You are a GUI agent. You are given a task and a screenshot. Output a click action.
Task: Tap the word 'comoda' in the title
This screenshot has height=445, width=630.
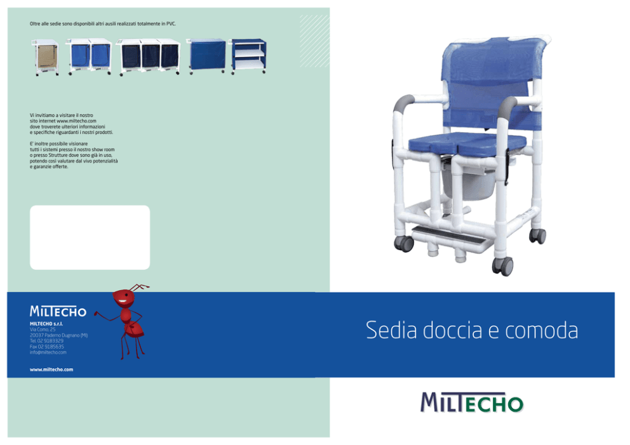point(541,330)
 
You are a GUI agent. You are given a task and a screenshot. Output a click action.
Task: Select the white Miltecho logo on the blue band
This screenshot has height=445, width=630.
point(58,311)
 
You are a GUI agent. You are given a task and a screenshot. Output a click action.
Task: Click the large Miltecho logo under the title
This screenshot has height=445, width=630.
point(472,402)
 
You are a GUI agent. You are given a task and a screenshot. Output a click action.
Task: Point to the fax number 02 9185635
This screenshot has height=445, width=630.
point(46,347)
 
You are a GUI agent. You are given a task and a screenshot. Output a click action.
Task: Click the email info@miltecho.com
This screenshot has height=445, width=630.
point(48,352)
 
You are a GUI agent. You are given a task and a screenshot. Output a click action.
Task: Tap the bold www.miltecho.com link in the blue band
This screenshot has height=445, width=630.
point(51,369)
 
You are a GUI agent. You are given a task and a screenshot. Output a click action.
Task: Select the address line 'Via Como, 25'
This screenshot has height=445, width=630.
point(43,329)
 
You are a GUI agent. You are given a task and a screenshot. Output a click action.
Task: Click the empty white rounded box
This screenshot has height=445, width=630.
point(90,237)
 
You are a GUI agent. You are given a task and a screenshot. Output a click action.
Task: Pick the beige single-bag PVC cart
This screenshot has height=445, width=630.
point(45,57)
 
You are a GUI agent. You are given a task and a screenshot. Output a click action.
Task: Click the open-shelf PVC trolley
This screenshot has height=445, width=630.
point(249,56)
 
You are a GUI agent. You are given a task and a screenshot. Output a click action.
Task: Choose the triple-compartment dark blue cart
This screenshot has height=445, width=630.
point(149,56)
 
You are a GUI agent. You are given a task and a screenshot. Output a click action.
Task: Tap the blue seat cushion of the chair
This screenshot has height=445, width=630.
point(467,143)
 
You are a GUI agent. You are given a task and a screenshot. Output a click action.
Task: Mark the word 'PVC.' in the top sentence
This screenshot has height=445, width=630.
point(171,23)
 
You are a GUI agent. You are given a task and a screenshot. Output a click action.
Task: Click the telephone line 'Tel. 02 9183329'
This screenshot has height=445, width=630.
point(46,341)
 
